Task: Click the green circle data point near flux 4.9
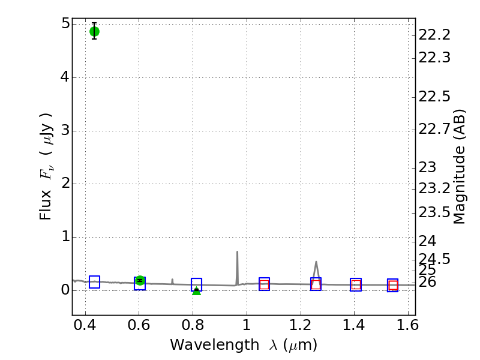point(94,31)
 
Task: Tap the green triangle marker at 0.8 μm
point(196,291)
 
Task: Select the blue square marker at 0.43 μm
point(94,282)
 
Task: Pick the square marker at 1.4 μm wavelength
point(356,285)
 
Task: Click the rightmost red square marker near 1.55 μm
point(393,286)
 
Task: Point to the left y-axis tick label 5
point(64,24)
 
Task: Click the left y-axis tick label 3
point(64,131)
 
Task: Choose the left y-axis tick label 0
point(64,291)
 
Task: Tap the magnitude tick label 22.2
point(434,35)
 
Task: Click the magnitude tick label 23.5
point(434,212)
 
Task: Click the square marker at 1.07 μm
point(264,284)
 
